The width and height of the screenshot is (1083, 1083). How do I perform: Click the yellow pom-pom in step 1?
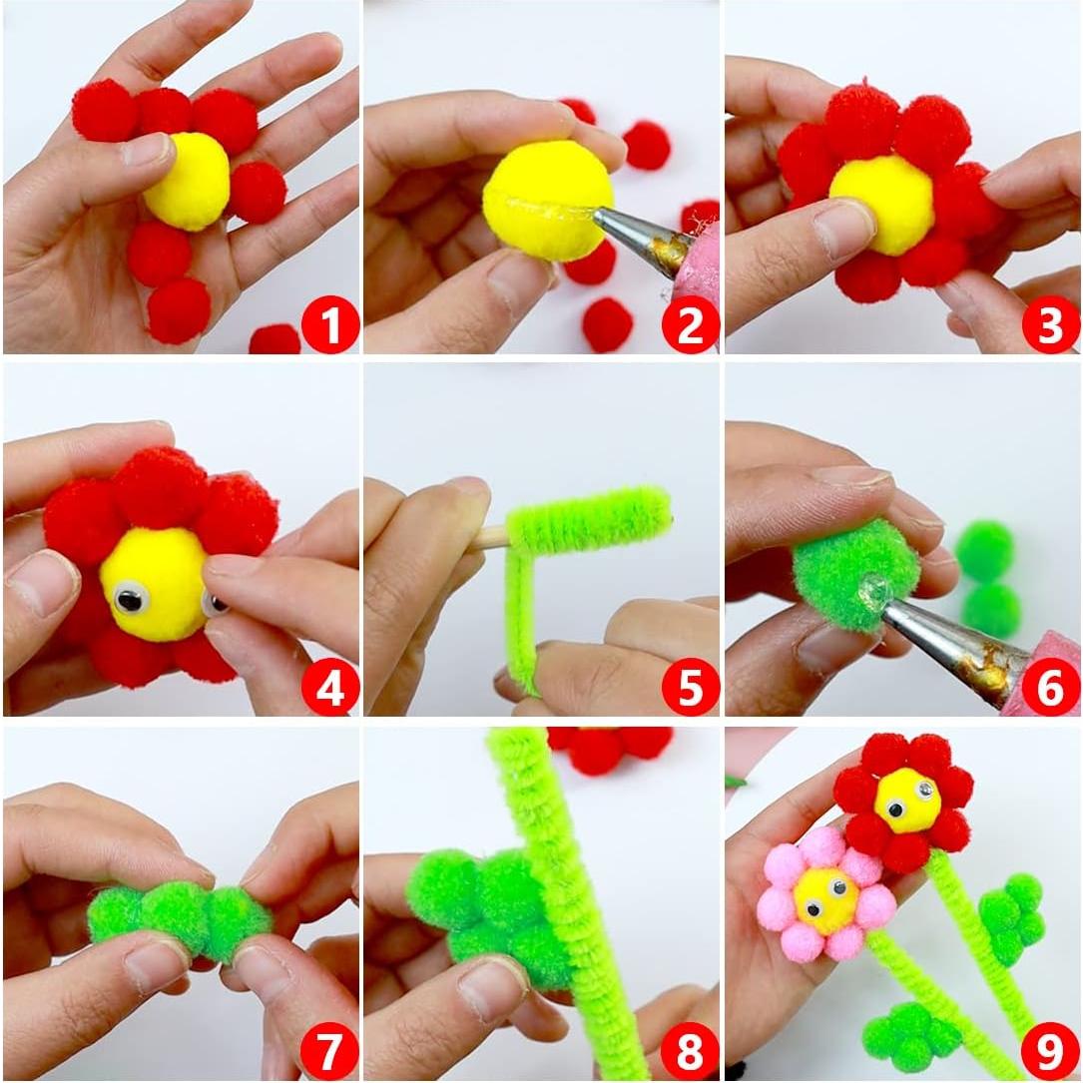click(189, 182)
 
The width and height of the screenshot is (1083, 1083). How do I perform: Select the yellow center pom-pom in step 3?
click(881, 204)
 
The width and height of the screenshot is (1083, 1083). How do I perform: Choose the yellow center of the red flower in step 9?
click(907, 800)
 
